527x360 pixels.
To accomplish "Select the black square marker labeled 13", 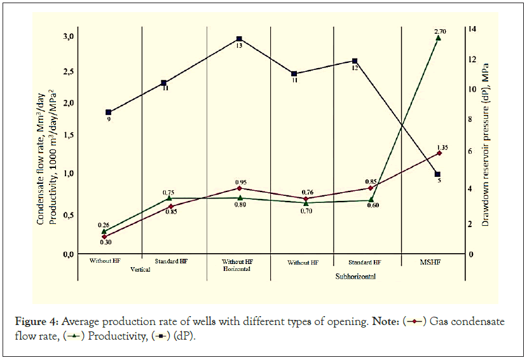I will [239, 39].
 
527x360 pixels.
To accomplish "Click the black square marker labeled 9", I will [109, 112].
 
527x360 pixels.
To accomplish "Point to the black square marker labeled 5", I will [437, 174].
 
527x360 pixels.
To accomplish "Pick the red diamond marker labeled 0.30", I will [105, 237].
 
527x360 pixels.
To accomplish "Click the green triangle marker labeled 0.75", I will [169, 198].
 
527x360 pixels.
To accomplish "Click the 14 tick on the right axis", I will [471, 29].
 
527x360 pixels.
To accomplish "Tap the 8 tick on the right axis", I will [470, 120].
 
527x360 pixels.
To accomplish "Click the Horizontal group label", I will [237, 270].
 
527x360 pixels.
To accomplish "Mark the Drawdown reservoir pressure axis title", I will [485, 139].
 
